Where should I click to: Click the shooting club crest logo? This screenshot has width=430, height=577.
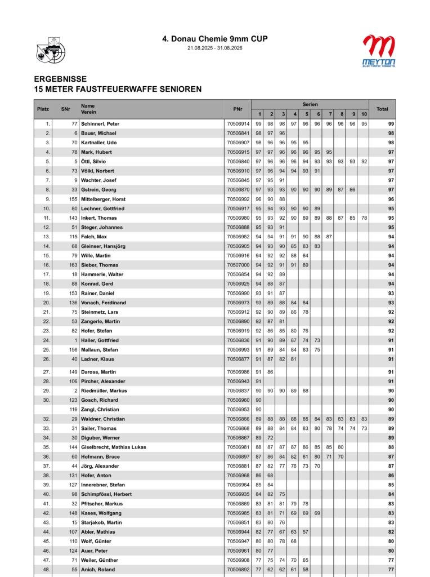point(50,49)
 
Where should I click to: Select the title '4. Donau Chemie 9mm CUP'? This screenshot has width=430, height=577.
point(214,39)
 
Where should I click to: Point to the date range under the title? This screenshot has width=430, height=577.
point(214,48)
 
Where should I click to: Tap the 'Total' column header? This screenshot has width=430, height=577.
point(382,109)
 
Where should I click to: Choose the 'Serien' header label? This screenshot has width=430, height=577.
point(310,105)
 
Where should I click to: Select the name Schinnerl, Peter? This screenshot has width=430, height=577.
point(100,124)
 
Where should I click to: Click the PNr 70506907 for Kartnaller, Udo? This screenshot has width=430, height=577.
point(238,143)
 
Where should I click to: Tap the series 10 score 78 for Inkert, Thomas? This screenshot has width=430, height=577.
point(364,218)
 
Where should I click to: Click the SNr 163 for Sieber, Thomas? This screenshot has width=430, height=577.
point(73,265)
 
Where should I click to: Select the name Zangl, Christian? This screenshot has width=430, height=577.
point(101,410)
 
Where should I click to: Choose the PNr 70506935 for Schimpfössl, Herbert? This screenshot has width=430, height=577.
point(238,494)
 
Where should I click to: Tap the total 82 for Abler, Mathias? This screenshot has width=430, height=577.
point(391,532)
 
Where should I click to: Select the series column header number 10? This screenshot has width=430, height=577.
point(364,114)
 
